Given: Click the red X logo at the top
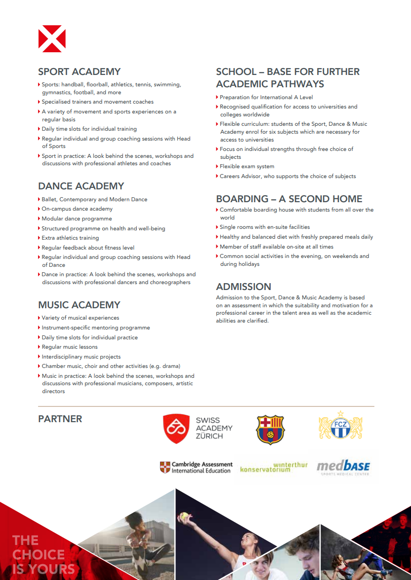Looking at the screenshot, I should pos(52,38).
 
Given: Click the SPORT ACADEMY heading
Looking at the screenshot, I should pos(79,72).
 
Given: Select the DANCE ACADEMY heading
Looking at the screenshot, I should pos(81,186).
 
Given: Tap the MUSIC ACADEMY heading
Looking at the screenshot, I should pos(79,305).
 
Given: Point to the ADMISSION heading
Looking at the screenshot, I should pos(244,287).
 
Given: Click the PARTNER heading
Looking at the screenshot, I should pos(60,419).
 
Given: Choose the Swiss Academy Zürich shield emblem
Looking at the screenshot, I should pos(176,428).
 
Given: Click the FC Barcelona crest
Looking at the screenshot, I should pos(270,429).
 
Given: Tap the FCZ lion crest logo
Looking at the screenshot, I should pos(340,426).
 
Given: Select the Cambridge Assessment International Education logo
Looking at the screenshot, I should pos(196,467).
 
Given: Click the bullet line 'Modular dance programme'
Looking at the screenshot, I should pos(77,218).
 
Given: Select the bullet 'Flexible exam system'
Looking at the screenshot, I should pos(247,167).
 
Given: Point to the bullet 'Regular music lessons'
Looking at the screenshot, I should pos(70,347).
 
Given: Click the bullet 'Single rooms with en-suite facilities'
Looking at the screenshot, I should pos(265,227).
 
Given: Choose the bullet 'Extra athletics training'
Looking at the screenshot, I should pos(70,238).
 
